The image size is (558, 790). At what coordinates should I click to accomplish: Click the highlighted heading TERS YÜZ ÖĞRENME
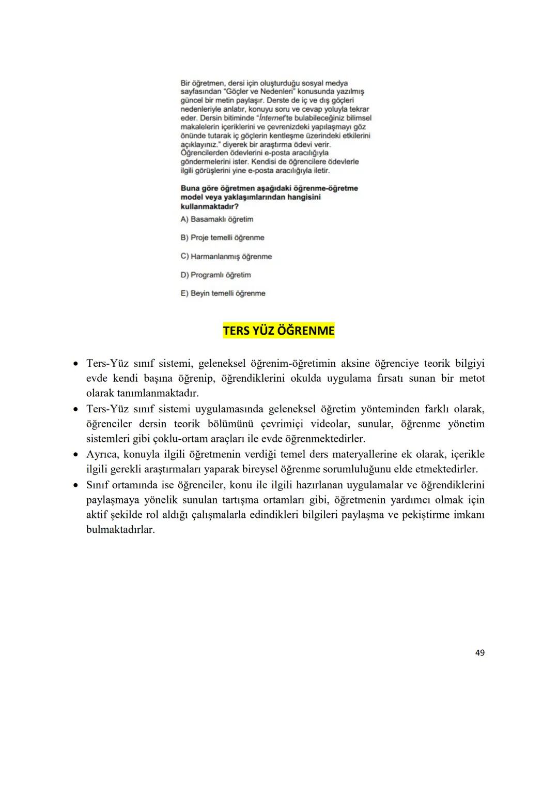[278, 331]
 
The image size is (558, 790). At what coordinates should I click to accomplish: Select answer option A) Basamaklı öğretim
[217, 219]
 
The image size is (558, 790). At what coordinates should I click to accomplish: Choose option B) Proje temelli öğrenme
[222, 238]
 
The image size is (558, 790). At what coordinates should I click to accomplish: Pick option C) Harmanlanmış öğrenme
[226, 257]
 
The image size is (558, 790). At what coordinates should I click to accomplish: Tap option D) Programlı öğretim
[215, 275]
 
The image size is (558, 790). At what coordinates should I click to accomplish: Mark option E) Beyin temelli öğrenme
[223, 293]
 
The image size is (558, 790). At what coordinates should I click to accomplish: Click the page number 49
[479, 653]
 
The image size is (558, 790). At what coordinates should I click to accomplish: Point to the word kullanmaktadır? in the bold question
[206, 206]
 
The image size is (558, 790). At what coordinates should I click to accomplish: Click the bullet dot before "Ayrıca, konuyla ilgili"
[75, 455]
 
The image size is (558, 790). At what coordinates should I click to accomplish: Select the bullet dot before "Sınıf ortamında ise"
[75, 485]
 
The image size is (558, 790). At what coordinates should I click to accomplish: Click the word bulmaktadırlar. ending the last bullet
[120, 530]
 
